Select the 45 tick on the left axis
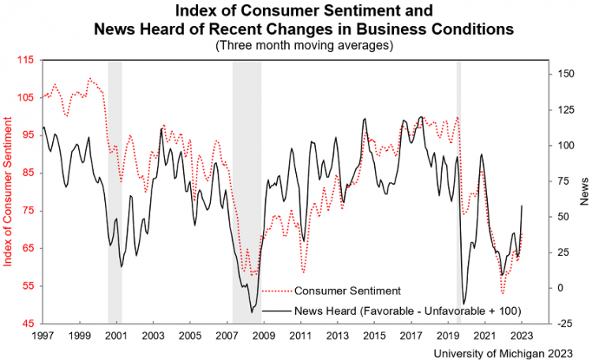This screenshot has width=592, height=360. [x=28, y=324]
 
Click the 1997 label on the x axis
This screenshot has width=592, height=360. [x=43, y=336]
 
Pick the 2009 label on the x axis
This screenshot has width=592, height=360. [x=264, y=336]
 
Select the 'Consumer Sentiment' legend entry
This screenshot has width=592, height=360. [x=348, y=290]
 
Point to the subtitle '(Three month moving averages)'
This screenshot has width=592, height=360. [x=304, y=46]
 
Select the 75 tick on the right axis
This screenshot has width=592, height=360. [x=564, y=181]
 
